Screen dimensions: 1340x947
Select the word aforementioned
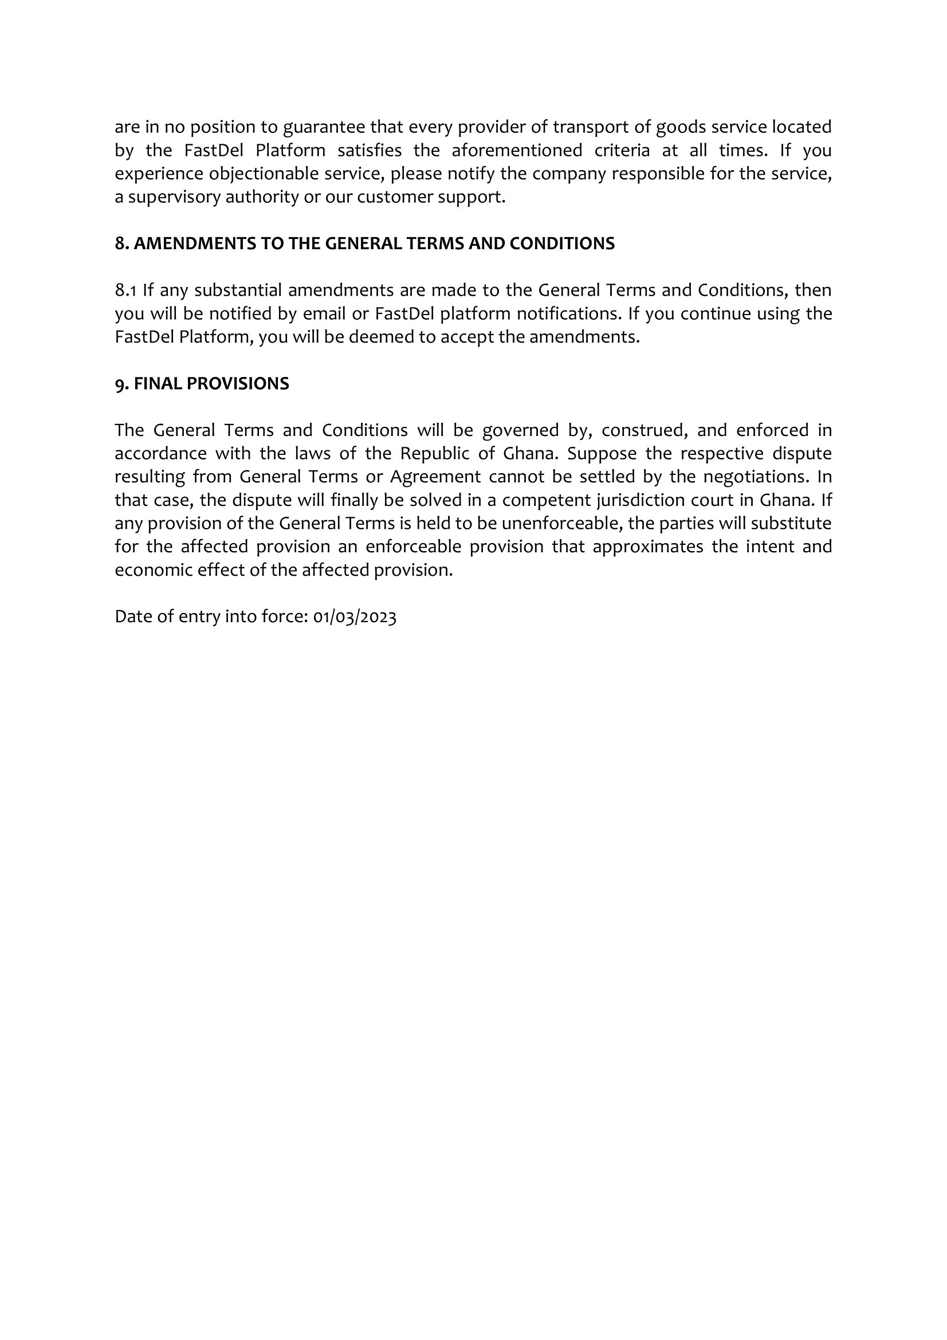(516, 151)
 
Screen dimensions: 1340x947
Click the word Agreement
(435, 477)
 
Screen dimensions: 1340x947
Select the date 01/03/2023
(355, 617)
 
